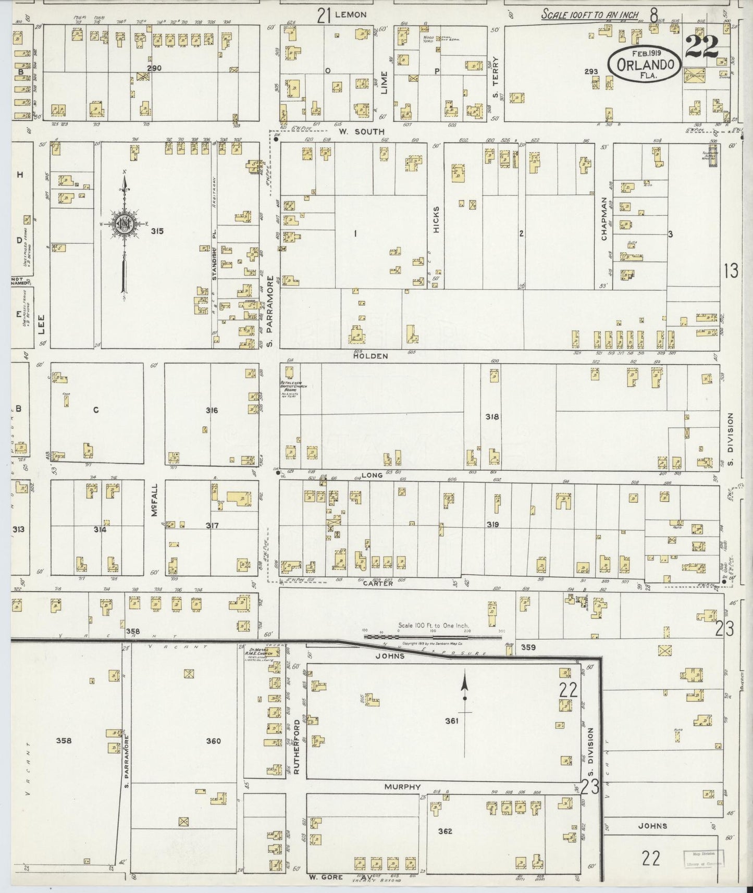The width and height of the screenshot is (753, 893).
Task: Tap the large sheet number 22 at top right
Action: (702, 47)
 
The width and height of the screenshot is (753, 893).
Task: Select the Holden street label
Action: (371, 356)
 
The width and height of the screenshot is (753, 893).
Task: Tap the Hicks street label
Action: (436, 220)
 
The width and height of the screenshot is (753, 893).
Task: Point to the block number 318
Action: (492, 417)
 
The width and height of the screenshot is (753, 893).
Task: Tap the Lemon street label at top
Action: (351, 15)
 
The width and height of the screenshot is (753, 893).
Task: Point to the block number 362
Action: (445, 831)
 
